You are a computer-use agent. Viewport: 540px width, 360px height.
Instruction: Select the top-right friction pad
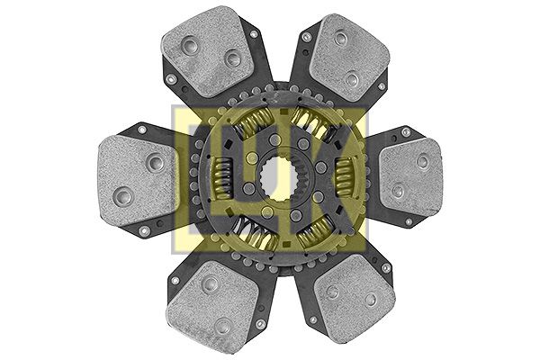click(349, 58)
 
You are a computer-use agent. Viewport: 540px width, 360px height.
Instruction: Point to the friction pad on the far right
click(410, 175)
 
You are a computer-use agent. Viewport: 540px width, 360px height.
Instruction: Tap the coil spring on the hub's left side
click(222, 178)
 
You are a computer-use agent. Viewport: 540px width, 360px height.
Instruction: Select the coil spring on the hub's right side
click(346, 176)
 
